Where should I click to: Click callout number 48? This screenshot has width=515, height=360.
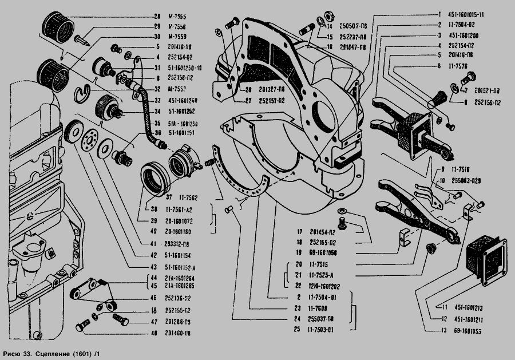click(x=154, y=332)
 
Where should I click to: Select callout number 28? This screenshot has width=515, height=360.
click(x=157, y=16)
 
